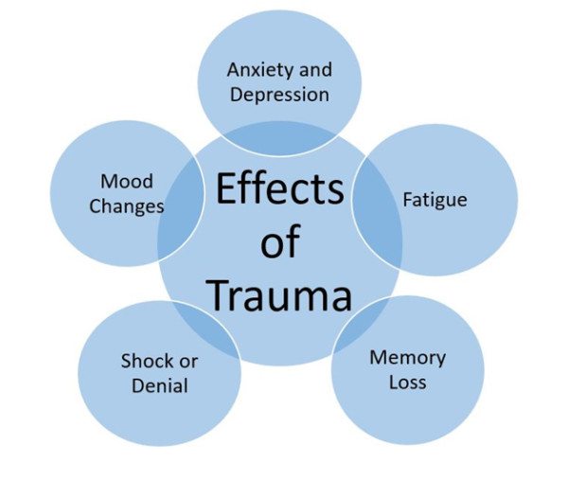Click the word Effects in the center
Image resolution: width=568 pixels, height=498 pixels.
pyautogui.click(x=279, y=189)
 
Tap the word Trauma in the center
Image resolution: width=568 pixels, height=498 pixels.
pyautogui.click(x=279, y=295)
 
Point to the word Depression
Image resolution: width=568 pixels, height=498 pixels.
pyautogui.click(x=278, y=95)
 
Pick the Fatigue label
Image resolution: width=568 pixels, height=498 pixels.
pyautogui.click(x=435, y=201)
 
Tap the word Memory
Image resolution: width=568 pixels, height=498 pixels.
pyautogui.click(x=407, y=358)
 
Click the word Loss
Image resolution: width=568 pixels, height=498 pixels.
pyautogui.click(x=407, y=382)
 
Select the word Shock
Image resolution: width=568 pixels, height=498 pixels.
pyautogui.click(x=147, y=361)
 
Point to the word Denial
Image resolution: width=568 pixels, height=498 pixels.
pyautogui.click(x=160, y=385)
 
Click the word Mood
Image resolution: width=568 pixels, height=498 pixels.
pyautogui.click(x=126, y=181)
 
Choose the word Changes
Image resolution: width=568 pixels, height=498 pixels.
pyautogui.click(x=127, y=205)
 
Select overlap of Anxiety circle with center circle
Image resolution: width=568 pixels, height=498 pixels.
pyautogui.click(x=279, y=137)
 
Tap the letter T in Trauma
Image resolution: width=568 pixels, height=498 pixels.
pyautogui.click(x=216, y=295)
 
